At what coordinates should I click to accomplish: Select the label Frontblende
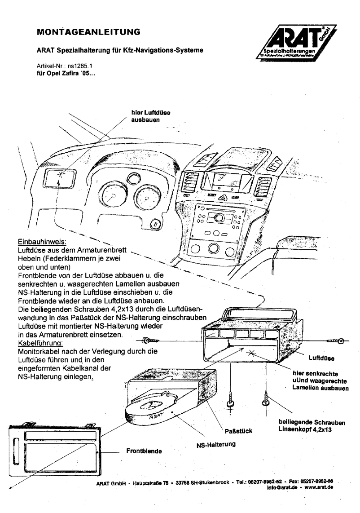click(x=145, y=451)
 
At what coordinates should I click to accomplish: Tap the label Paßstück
click(x=238, y=431)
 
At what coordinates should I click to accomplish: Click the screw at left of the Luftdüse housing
click(x=151, y=341)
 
